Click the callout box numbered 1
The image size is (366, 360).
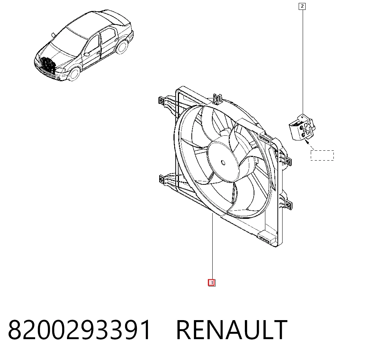point(212,283)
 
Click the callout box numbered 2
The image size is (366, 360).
point(302,6)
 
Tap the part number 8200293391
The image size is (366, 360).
point(79,330)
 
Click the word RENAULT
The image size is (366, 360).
point(232,330)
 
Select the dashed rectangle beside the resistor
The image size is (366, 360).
point(322,155)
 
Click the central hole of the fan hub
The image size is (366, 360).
point(223,162)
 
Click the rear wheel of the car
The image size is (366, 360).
point(122,47)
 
